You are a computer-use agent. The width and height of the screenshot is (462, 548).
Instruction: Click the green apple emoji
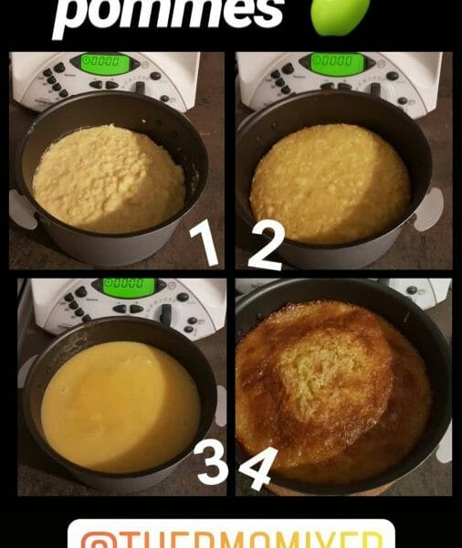340,14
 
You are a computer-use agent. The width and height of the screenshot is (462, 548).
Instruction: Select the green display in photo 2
336,63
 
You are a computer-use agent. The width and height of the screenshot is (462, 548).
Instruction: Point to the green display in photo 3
128,287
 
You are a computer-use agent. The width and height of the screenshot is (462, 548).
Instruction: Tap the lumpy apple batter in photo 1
107,177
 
